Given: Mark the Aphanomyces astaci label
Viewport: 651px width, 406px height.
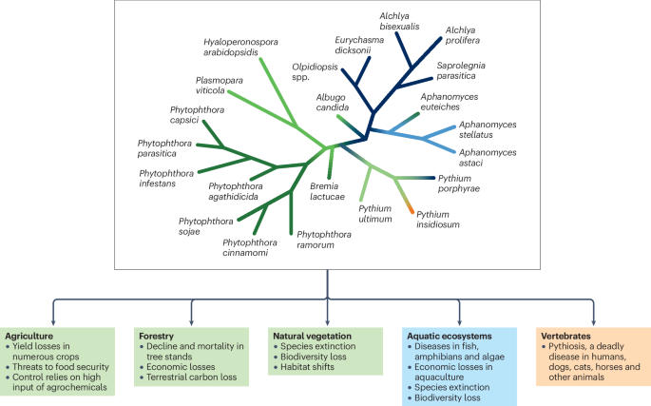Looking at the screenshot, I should [x=488, y=158].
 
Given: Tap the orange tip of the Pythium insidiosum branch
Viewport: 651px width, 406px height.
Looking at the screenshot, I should [x=409, y=206].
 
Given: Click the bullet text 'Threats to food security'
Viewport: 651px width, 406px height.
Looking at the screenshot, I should [x=59, y=360].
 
